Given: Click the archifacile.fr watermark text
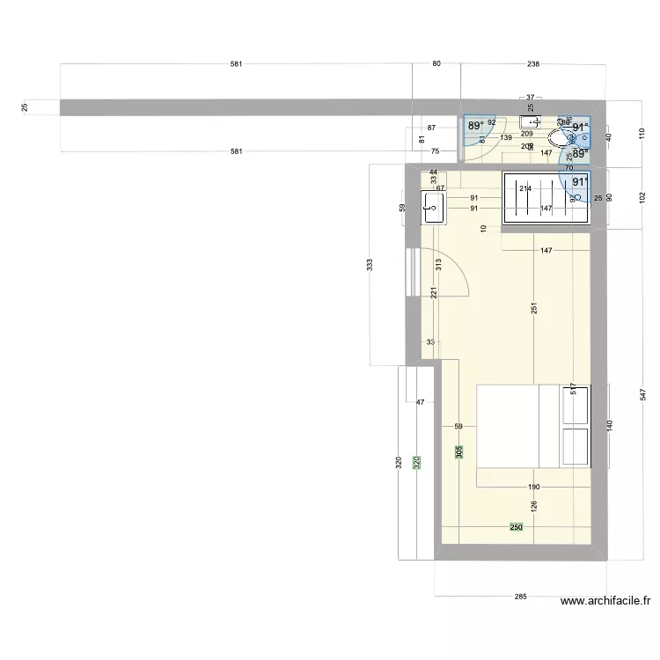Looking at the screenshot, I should click(x=605, y=602).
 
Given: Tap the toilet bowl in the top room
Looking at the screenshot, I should click(x=559, y=138).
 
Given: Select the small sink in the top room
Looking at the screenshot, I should click(x=530, y=122).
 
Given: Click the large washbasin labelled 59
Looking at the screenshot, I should click(x=434, y=208).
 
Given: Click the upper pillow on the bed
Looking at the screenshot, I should click(x=576, y=405).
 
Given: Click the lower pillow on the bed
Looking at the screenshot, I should click(x=576, y=446).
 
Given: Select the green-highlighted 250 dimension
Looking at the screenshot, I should click(x=517, y=527).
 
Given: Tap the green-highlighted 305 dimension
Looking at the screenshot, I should click(x=459, y=451).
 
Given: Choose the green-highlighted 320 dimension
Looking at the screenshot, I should click(x=417, y=461).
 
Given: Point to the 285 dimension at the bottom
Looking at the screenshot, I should click(x=520, y=597).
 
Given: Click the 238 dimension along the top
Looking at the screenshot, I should click(x=532, y=64).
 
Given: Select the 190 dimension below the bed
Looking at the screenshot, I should click(x=533, y=487).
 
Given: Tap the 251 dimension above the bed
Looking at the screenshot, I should click(x=533, y=308).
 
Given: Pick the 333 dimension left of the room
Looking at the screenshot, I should click(x=370, y=264).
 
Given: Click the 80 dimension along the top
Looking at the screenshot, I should click(x=436, y=64).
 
